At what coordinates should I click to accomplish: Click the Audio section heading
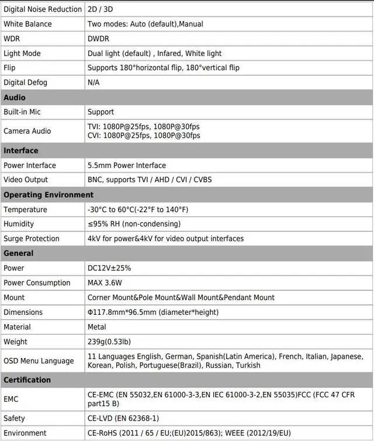[x=15, y=98]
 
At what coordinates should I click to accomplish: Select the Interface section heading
[x=21, y=151]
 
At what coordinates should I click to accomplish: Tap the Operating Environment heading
[x=49, y=195]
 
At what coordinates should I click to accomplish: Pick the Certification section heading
[x=27, y=380]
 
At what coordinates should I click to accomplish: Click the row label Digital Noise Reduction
[x=43, y=9]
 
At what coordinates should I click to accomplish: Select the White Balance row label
[x=27, y=24]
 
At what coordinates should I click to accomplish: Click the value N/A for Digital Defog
[x=93, y=82]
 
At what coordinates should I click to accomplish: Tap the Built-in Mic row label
[x=22, y=112]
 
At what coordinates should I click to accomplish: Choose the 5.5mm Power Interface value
[x=127, y=165]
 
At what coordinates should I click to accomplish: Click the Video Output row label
[x=26, y=179]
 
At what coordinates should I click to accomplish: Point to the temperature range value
[x=138, y=209]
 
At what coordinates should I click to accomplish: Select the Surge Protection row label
[x=32, y=238]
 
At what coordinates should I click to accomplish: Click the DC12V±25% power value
[x=109, y=268]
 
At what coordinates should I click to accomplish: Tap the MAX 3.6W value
[x=105, y=283]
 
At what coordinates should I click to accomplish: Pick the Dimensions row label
[x=23, y=312]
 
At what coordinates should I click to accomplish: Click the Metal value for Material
[x=97, y=327]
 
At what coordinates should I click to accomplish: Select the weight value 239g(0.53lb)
[x=109, y=342]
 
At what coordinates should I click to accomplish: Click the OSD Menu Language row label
[x=39, y=360]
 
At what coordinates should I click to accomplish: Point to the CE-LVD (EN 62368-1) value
[x=123, y=418]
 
